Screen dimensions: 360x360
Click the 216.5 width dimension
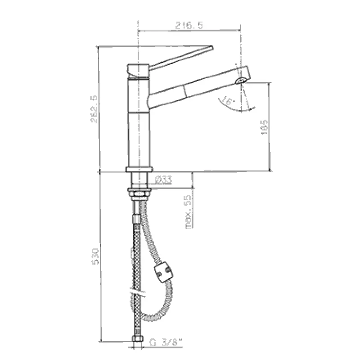click(187, 26)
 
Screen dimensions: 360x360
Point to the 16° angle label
click(228, 102)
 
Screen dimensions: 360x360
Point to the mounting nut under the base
click(140, 193)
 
